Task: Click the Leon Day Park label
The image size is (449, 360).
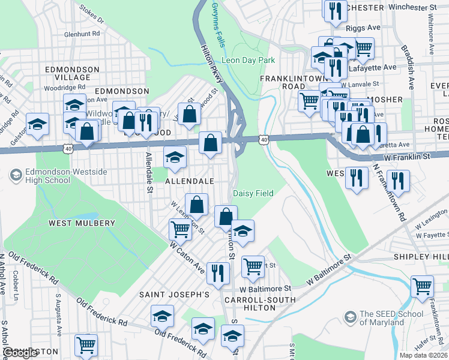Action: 248,60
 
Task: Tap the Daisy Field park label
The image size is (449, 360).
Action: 253,193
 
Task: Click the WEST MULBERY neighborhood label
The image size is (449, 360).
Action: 82,223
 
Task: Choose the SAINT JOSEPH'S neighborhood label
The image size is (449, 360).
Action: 174,295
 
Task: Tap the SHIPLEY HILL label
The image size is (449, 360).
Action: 421,257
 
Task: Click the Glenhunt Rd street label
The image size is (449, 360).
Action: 85,34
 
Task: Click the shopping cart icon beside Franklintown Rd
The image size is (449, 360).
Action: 422,286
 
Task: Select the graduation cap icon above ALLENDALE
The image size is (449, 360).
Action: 175,158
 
